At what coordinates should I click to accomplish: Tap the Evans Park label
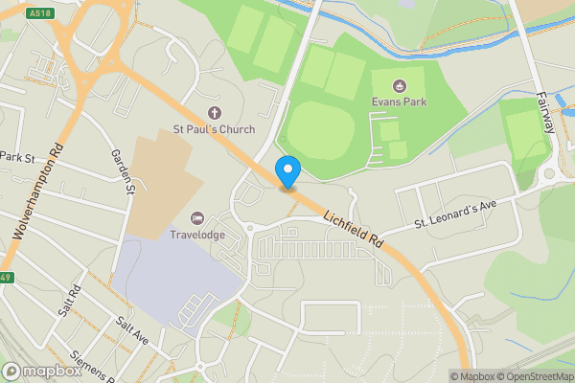click(400, 101)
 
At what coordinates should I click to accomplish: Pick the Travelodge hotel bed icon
click(198, 218)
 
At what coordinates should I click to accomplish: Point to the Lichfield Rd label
click(352, 231)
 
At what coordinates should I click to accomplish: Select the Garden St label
click(122, 170)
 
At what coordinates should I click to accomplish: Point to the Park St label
click(17, 156)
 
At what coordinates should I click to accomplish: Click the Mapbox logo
click(40, 371)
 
